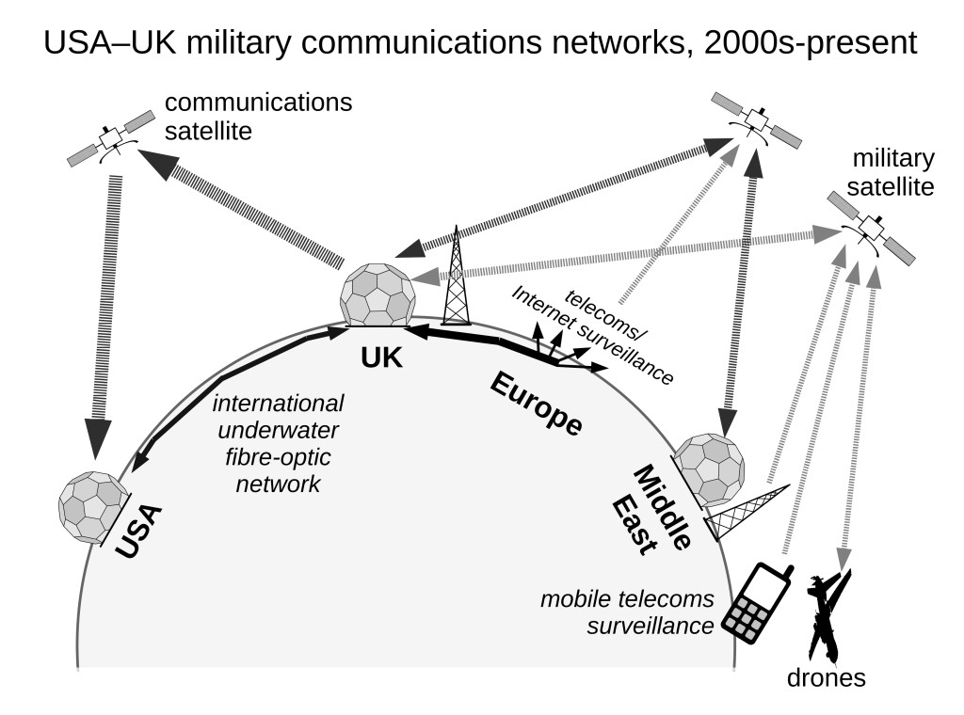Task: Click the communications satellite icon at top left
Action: tap(112, 138)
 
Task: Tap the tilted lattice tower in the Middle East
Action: tap(747, 514)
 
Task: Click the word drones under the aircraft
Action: tap(827, 677)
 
